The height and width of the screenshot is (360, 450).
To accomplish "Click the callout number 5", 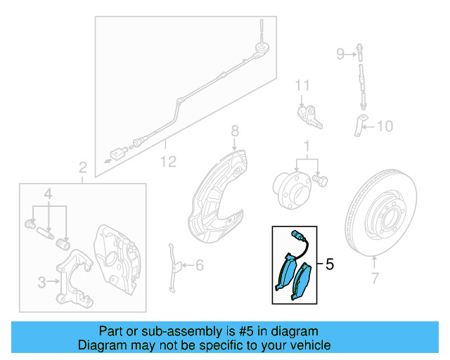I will coord(330,265).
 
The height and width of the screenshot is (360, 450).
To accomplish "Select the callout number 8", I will coord(235,131).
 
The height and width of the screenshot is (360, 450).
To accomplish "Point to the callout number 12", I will coord(167,162).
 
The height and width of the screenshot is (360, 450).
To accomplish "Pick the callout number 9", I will coord(340,53).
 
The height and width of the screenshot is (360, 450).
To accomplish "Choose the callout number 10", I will coord(385,127).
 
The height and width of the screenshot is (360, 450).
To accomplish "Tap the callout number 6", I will coord(199,265).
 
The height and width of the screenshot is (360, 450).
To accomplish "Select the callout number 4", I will coord(48,193).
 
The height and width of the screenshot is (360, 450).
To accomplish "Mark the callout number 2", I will coord(82,167).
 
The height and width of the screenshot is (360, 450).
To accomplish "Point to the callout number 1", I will coord(307,147).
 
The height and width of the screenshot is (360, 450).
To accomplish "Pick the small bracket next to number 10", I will coord(358,124).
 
